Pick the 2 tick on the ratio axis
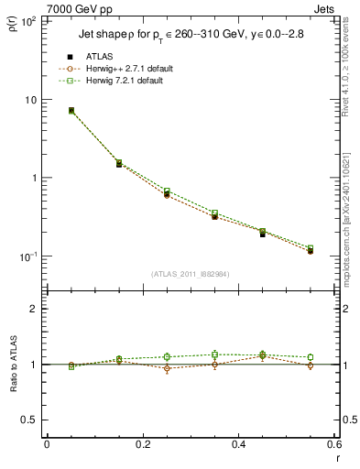point(32,309)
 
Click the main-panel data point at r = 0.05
point(71,111)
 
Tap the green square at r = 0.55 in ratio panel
point(311,357)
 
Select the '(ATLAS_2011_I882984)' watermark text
point(191,273)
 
